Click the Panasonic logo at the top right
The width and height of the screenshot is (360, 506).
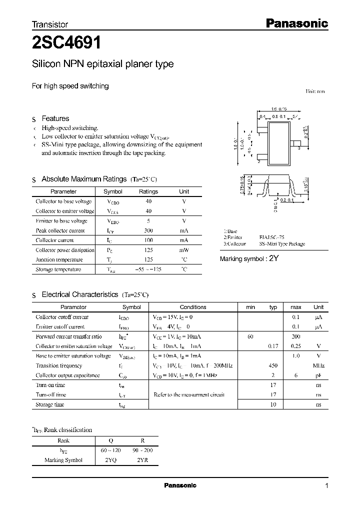pos(296,23)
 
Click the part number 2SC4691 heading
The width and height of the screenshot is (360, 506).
pos(67,43)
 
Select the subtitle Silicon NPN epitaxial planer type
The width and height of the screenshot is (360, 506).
pos(102,64)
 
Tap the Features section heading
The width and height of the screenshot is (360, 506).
pos(55,118)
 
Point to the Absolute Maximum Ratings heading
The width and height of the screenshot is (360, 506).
pos(84,179)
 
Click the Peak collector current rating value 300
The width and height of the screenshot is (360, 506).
pos(148,230)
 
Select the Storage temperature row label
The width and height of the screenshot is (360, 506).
pos(58,269)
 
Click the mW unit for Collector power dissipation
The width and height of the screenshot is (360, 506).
pos(184,250)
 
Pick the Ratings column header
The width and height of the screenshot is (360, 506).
pos(148,191)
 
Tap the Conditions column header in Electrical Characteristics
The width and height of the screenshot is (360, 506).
pos(192,307)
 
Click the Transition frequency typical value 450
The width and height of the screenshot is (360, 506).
pos(273,365)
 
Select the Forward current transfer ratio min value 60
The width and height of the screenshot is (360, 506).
pos(250,336)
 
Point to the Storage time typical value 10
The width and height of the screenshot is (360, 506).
pos(273,404)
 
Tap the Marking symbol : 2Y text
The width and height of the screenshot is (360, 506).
pos(248,258)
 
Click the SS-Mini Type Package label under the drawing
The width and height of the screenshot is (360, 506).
pos(282,244)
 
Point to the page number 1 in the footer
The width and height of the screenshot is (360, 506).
pos(326,486)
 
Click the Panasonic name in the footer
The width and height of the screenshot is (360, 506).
pos(180,485)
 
